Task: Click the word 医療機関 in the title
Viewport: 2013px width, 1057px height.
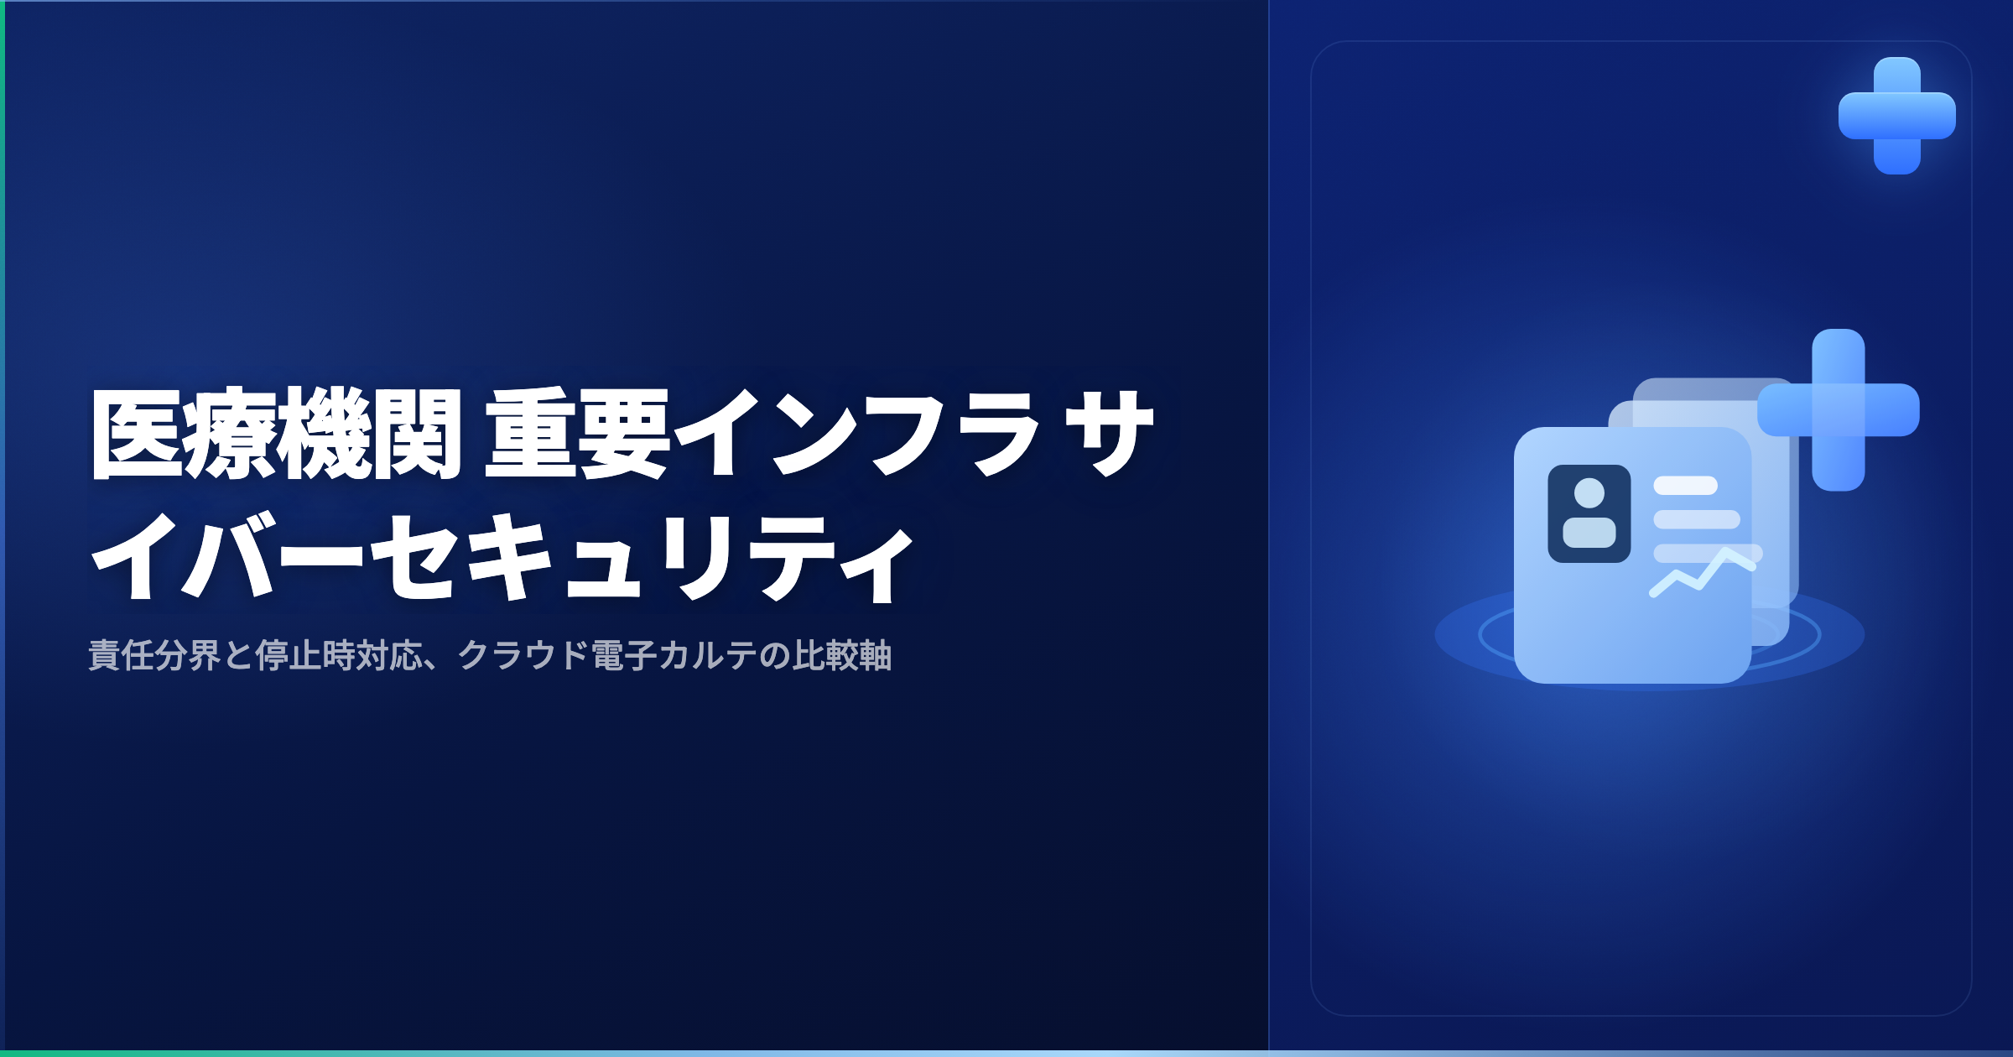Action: pos(277,434)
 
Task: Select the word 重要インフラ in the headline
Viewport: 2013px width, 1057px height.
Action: pos(763,434)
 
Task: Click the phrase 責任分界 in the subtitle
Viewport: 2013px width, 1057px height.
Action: pos(154,655)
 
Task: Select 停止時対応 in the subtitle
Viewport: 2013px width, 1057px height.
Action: pos(339,655)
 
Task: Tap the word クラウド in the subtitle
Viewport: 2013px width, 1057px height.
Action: pos(523,655)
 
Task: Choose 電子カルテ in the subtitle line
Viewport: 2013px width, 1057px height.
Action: pos(674,655)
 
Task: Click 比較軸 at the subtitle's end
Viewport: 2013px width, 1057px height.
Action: pos(842,655)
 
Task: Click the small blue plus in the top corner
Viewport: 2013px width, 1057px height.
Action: pos(1897,116)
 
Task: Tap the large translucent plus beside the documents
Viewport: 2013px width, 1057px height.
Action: pos(1839,409)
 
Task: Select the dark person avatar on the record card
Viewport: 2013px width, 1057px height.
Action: pos(1589,513)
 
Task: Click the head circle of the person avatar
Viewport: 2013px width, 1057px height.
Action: pos(1589,493)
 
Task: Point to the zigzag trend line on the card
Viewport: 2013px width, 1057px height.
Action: pos(1703,573)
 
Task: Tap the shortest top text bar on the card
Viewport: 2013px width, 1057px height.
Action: pos(1686,486)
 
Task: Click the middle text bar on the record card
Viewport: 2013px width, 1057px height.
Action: pos(1697,519)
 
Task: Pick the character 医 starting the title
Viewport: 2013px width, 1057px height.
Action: pos(137,434)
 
